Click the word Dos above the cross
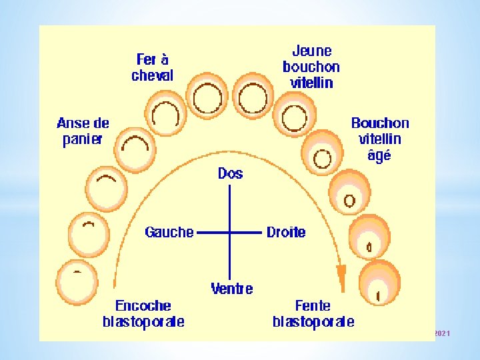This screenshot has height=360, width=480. click(230, 173)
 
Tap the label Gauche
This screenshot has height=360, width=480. click(169, 232)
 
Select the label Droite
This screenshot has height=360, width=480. click(286, 232)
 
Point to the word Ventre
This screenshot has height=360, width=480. click(231, 289)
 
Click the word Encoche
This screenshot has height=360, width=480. click(143, 306)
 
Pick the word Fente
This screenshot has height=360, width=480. click(312, 306)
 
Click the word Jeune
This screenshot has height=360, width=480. click(311, 51)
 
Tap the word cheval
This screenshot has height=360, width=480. click(152, 75)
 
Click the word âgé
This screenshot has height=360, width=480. click(380, 156)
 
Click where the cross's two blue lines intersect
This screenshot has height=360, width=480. click(230, 233)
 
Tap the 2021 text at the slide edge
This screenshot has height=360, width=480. click(442, 333)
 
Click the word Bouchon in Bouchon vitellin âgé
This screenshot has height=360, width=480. click(380, 123)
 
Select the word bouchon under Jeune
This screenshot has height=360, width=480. click(311, 67)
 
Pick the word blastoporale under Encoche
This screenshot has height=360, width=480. click(143, 322)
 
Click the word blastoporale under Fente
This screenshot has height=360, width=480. click(313, 322)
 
